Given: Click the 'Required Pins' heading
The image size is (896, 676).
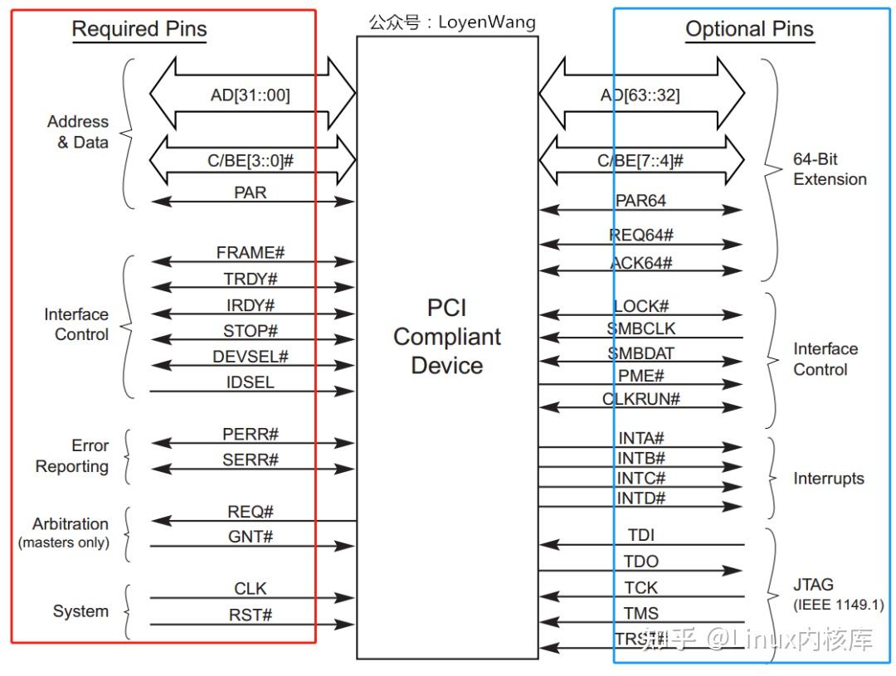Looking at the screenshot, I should coord(139,30).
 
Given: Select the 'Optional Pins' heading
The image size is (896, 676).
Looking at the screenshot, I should coord(748,30).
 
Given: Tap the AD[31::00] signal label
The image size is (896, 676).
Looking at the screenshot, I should coord(250,95).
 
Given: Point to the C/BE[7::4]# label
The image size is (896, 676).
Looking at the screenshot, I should coord(640,161).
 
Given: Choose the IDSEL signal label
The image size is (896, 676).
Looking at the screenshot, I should coord(250,382).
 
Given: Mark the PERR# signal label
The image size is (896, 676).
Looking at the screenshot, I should coord(250,435).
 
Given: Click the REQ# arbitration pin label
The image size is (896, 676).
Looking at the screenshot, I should coord(250,512).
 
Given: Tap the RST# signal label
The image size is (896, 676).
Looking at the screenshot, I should coord(250,615).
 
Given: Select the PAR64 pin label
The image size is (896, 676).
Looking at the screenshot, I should coord(640,201).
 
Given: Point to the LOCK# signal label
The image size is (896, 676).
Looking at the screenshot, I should coord(640,306).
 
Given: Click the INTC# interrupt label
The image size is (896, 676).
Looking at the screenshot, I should coord(640,479).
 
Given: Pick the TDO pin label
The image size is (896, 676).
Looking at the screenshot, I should coord(640,562).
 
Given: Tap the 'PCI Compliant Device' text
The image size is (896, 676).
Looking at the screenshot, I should coord(447,337).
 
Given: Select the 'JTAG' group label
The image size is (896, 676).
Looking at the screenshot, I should coord(812,585).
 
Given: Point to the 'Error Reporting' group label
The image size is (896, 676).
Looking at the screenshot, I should coord(72,456).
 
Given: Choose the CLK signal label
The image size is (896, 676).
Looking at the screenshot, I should coord(250,589).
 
